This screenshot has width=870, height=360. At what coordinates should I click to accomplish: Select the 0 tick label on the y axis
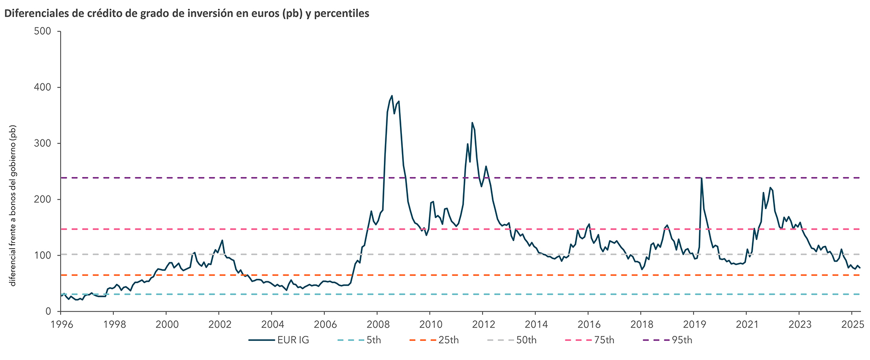point(49,311)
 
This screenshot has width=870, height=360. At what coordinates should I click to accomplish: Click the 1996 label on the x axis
point(62,324)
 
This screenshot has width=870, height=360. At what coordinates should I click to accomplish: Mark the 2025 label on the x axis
point(851,324)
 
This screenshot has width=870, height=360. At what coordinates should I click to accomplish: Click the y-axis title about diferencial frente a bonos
point(14,206)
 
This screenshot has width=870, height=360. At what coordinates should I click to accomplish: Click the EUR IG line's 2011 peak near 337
point(472,122)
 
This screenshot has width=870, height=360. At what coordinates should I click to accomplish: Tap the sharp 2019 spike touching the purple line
point(701,178)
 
